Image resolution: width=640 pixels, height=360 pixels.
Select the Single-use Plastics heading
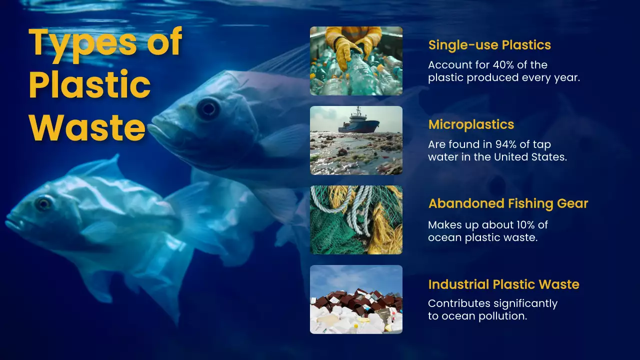[489, 45]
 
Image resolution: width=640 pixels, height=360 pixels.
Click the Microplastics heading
[471, 124]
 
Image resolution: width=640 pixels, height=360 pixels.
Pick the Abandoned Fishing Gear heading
[508, 203]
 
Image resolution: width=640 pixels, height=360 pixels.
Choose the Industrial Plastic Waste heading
[503, 284]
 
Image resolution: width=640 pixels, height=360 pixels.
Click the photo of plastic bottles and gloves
[356, 60]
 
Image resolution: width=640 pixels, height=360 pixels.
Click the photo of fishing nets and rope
[356, 219]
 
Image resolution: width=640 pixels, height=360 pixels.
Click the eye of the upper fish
[207, 108]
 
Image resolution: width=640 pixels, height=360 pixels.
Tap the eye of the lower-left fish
[43, 203]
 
